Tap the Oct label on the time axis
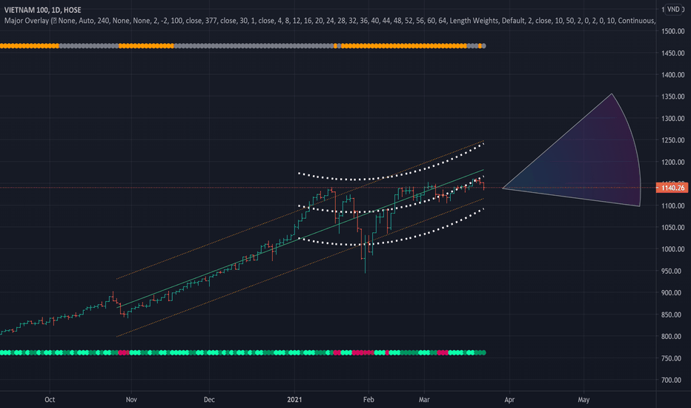click(x=50, y=398)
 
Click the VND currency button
click(x=672, y=10)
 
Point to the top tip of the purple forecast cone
click(x=612, y=94)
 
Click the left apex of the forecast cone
click(x=503, y=188)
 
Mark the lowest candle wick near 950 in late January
click(x=365, y=272)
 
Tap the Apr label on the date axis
click(x=509, y=398)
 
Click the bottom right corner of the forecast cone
click(x=639, y=205)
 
